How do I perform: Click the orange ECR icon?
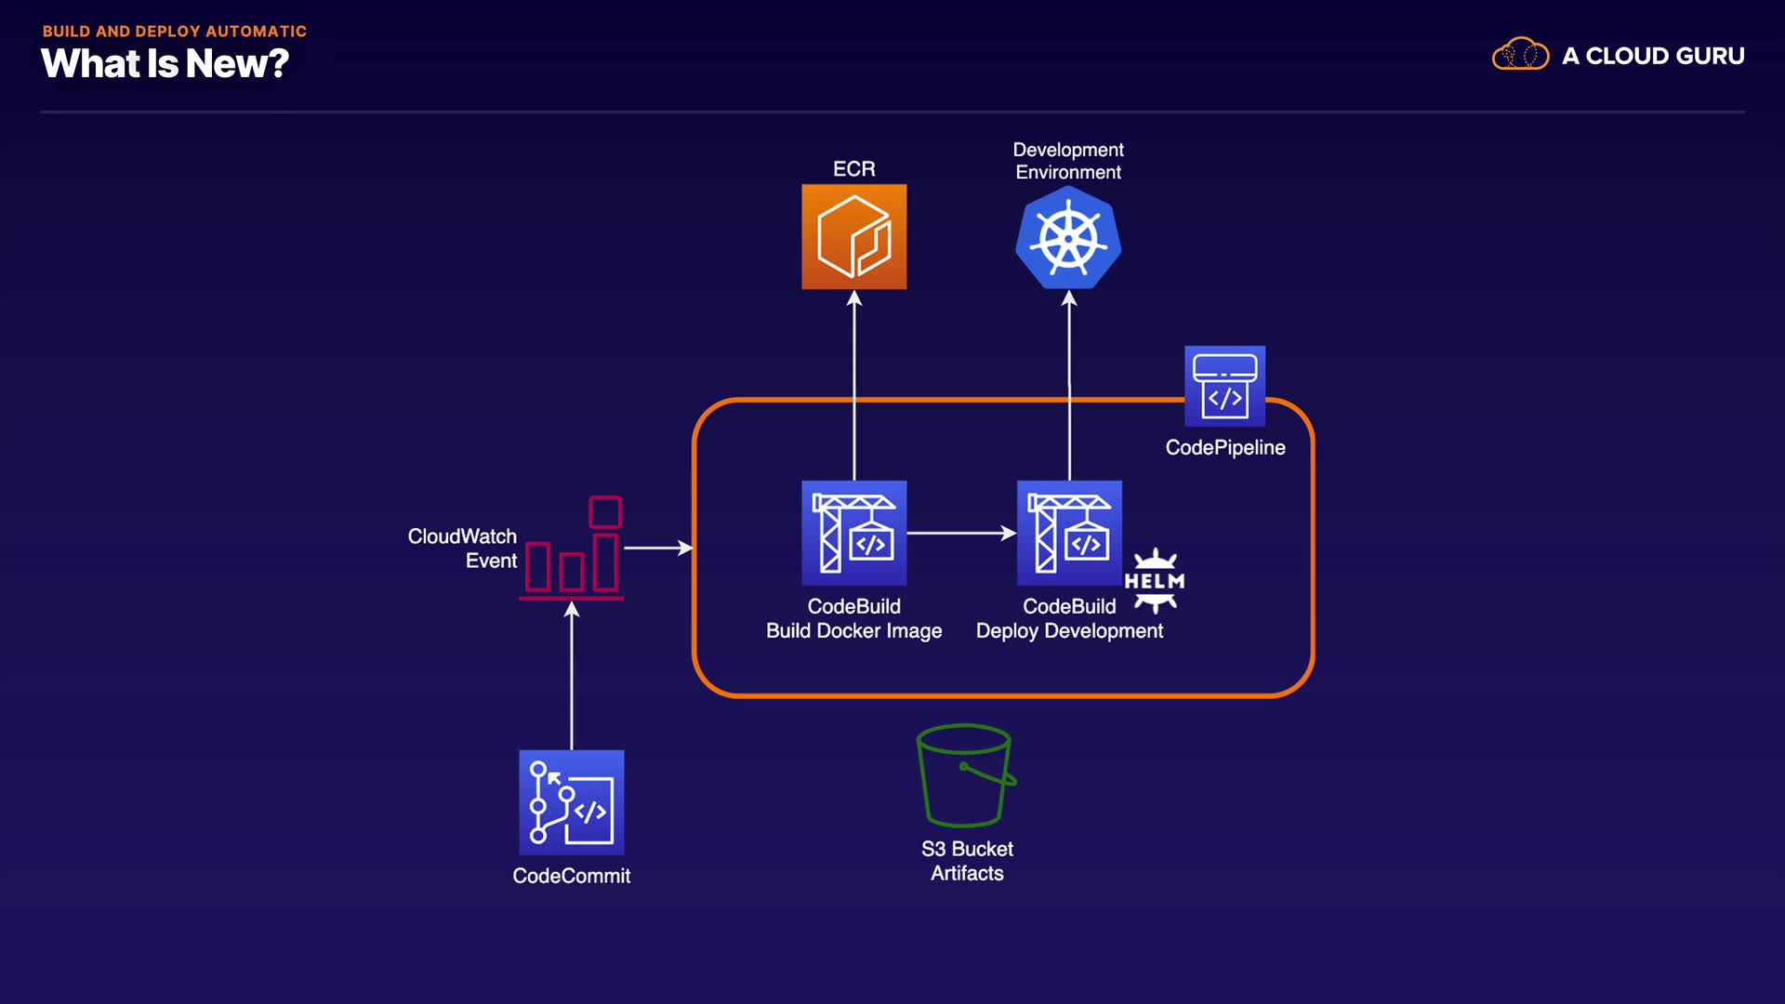[853, 236]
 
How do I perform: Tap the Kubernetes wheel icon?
[1068, 238]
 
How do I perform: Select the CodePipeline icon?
[1224, 386]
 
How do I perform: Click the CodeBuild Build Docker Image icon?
[853, 533]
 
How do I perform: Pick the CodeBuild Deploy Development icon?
[1069, 533]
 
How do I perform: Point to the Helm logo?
[1155, 581]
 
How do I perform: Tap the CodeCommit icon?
[571, 802]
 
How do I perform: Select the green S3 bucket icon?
[965, 775]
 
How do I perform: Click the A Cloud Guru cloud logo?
[1520, 55]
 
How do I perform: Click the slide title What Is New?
[165, 64]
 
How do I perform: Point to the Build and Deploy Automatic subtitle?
[174, 31]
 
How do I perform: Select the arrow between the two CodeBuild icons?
[960, 533]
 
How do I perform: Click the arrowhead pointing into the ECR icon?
[854, 298]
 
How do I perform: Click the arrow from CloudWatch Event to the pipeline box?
[657, 548]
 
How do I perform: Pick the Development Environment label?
[1068, 161]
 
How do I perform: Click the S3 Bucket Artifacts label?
[967, 861]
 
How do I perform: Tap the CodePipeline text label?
[1225, 447]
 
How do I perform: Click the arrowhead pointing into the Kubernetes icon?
[1069, 298]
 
